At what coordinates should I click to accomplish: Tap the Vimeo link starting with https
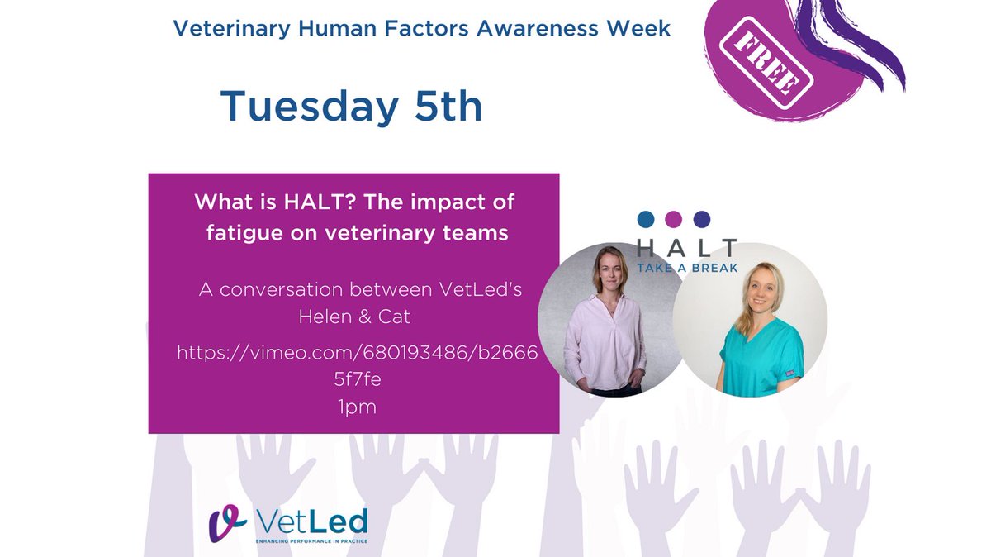click(x=357, y=354)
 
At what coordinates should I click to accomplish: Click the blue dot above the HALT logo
click(x=646, y=219)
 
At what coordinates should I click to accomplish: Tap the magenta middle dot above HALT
click(x=674, y=219)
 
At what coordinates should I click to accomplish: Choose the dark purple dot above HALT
click(x=701, y=219)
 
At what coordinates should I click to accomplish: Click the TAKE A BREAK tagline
click(x=687, y=268)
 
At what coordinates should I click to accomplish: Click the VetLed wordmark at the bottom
click(x=311, y=521)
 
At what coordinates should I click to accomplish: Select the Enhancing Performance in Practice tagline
click(x=311, y=541)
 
